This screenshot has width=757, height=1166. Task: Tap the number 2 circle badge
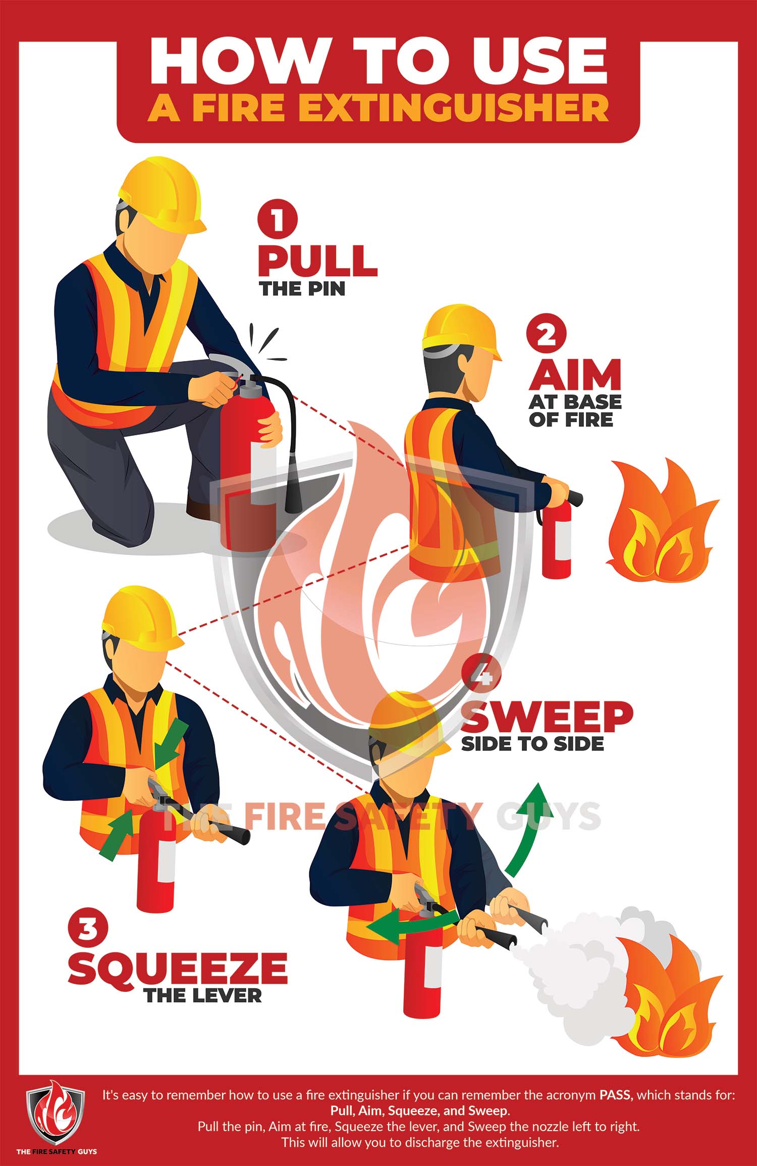(x=546, y=334)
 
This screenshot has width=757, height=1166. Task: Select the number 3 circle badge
(x=87, y=928)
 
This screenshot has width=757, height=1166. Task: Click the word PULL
(x=317, y=261)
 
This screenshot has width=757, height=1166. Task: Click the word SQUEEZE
(x=178, y=967)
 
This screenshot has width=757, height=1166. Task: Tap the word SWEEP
(x=547, y=717)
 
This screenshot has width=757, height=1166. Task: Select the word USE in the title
(x=538, y=61)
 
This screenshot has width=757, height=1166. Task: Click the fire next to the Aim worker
(x=661, y=523)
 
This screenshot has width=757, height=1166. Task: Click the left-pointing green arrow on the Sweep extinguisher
(x=409, y=925)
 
